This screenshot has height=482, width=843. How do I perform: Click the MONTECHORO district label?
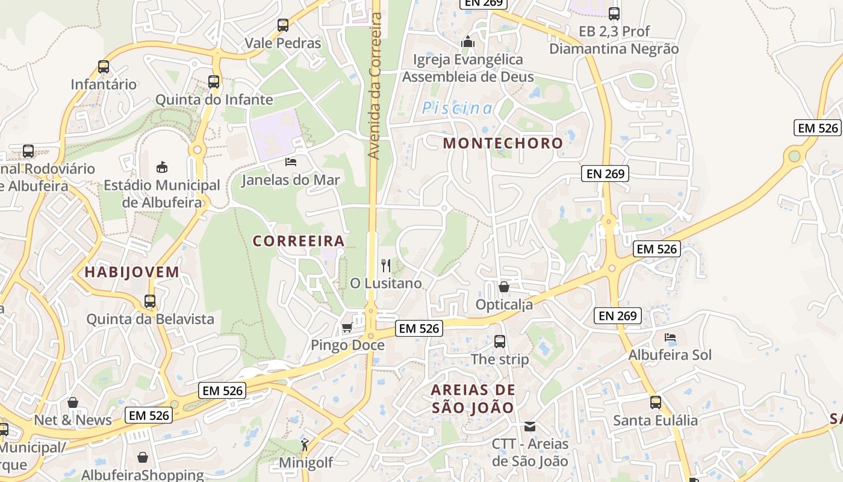503,143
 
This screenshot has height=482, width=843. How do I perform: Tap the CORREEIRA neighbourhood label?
299,241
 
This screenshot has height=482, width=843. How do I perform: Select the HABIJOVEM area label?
132,272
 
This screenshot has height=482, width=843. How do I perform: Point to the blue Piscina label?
457,108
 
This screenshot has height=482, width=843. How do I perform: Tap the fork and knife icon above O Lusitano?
386,265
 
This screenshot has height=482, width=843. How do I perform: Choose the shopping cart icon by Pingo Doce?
347,328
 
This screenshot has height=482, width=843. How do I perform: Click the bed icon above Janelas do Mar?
290,162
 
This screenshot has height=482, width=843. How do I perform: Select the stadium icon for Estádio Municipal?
161,167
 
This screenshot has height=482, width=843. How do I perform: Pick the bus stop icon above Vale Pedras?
283,25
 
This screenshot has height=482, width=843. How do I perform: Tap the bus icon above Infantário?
104,67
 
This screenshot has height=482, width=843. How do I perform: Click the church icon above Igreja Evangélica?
468,42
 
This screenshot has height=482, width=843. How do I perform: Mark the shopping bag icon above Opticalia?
504,287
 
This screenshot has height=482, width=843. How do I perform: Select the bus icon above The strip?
499,342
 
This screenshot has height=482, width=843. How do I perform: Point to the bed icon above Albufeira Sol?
670,337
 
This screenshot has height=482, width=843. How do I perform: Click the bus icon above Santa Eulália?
655,402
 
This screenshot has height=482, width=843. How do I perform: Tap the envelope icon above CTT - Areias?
530,427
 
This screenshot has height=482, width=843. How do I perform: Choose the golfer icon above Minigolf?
305,445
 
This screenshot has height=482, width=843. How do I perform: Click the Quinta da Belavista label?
150,319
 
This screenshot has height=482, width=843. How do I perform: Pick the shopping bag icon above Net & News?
73,402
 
